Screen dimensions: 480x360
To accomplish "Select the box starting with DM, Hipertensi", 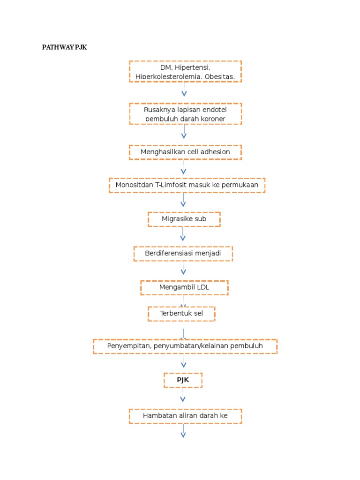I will (x=185, y=71).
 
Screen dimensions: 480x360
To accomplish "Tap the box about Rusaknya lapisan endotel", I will (x=185, y=114).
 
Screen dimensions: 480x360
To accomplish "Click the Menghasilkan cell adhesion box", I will (x=185, y=152).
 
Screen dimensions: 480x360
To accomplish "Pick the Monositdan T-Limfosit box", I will (x=187, y=185).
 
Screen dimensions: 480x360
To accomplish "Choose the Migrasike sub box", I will (x=184, y=219).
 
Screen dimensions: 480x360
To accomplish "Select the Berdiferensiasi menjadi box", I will (x=183, y=254).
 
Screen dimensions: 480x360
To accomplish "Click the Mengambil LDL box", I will (x=184, y=287).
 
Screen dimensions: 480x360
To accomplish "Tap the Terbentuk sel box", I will (x=181, y=314).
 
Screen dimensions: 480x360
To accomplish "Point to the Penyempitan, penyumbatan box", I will (x=185, y=346).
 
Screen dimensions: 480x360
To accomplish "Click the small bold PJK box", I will (x=183, y=380).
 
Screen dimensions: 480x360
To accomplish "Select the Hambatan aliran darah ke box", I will (x=185, y=416).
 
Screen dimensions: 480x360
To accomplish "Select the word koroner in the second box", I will (x=211, y=119).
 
